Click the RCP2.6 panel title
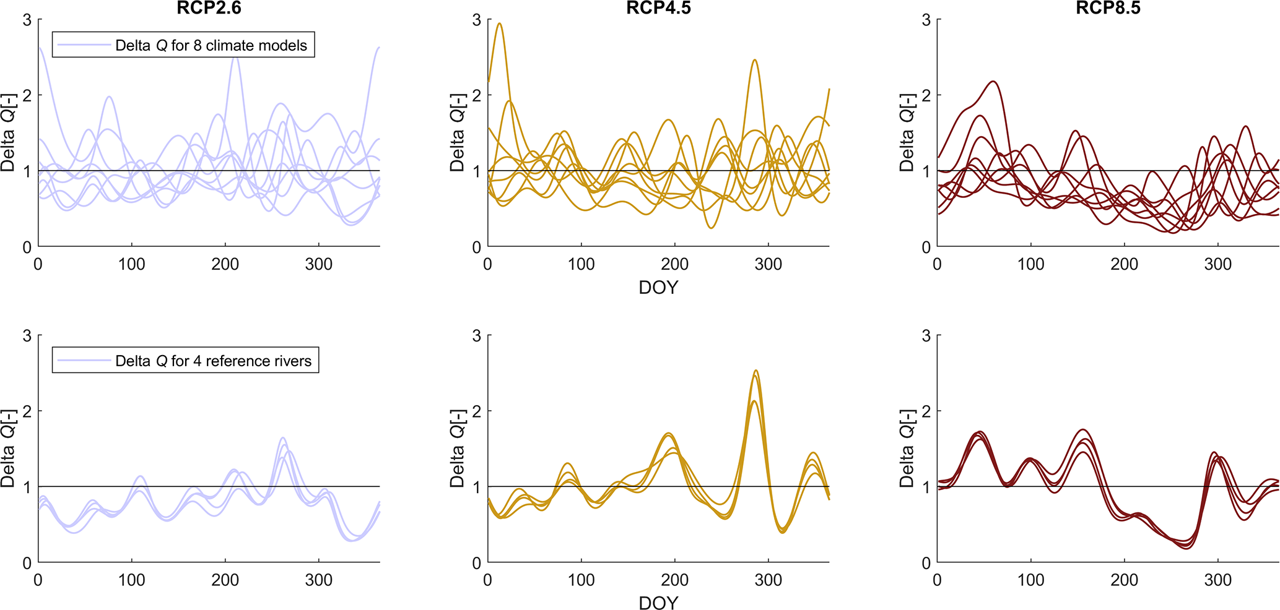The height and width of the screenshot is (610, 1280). click(x=209, y=7)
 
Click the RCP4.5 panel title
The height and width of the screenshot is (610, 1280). click(x=658, y=7)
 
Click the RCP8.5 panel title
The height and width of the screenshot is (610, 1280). click(x=1108, y=7)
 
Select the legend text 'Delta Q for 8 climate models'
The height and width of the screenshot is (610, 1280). click(x=211, y=45)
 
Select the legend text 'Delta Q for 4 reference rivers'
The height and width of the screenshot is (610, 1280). click(x=214, y=361)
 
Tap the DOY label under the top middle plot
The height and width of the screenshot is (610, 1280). click(x=658, y=288)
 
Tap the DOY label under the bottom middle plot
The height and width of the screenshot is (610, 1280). click(x=658, y=603)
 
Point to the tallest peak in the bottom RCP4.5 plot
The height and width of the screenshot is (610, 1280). click(x=755, y=371)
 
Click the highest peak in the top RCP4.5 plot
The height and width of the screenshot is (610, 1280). click(x=499, y=24)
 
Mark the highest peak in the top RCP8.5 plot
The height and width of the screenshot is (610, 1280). click(x=993, y=81)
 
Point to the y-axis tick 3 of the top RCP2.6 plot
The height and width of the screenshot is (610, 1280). click(x=27, y=20)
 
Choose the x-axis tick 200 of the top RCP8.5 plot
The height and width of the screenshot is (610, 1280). click(x=1124, y=264)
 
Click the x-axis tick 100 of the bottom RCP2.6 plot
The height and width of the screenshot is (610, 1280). click(x=131, y=580)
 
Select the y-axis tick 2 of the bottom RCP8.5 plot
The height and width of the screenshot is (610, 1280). click(x=926, y=411)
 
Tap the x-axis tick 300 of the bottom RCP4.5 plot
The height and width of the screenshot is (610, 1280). click(x=768, y=580)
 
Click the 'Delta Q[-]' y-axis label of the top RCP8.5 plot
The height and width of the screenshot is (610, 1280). click(x=907, y=132)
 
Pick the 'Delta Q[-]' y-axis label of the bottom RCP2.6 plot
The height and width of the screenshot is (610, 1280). click(x=7, y=448)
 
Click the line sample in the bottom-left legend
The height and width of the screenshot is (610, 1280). click(x=84, y=361)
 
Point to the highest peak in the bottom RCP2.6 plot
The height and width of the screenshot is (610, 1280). click(x=283, y=437)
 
